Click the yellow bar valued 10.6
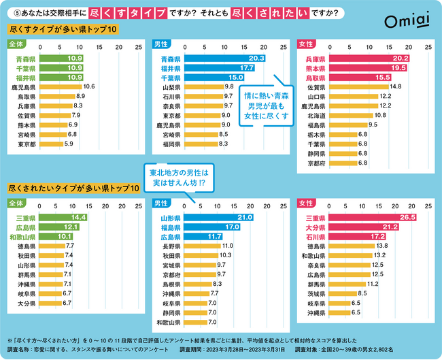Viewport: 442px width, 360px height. pyautogui.click(x=61, y=87)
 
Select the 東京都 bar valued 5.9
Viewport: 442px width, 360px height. pyautogui.click(x=52, y=144)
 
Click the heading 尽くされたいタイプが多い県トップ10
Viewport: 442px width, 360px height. pyautogui.click(x=67, y=187)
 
